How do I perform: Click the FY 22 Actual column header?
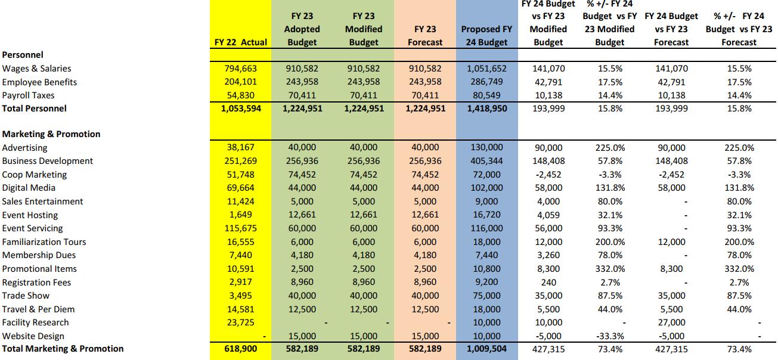[x=241, y=42]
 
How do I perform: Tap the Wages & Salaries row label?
[x=37, y=69]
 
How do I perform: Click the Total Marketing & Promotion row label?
[x=63, y=349]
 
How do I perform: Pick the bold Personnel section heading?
[x=23, y=55]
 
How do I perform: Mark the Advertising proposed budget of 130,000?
[x=486, y=148]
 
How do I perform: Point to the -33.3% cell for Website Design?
[x=609, y=336]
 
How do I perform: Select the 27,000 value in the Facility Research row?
[x=671, y=322]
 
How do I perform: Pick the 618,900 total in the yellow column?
[x=242, y=349]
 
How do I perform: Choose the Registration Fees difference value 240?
[x=548, y=283]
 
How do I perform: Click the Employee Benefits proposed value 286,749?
[x=486, y=82]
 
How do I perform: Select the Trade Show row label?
[x=26, y=296]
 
